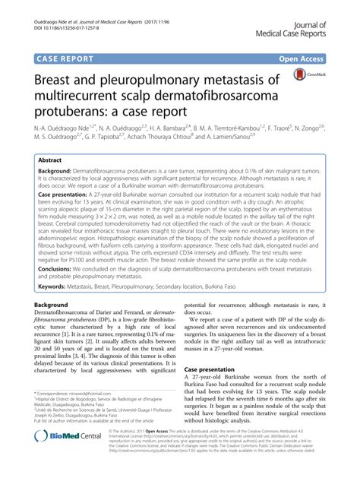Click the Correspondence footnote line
pyautogui.click(x=84, y=416)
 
